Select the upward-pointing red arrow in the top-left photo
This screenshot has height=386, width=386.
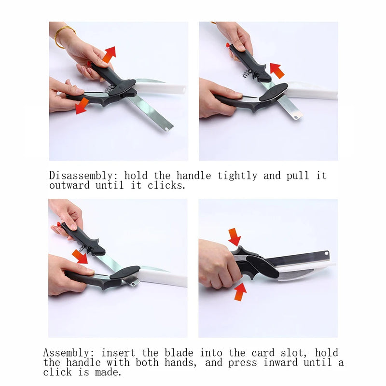(109, 54)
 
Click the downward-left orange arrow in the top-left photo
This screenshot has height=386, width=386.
(82, 106)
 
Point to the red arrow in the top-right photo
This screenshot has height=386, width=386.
(277, 70)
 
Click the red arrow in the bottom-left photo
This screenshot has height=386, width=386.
(80, 256)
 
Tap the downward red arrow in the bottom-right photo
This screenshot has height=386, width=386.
(234, 237)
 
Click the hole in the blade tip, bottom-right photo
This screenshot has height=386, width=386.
(327, 253)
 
